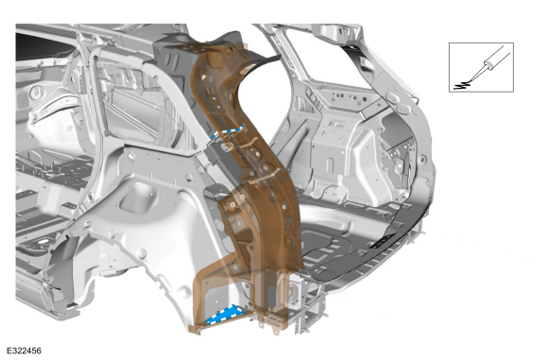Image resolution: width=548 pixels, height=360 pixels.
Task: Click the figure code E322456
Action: pyautogui.click(x=25, y=351)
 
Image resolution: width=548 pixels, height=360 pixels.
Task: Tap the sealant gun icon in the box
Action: pyautogui.click(x=490, y=64)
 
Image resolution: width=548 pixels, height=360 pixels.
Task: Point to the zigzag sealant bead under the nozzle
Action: pyautogui.click(x=462, y=85)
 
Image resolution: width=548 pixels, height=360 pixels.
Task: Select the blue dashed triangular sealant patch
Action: pyautogui.click(x=226, y=314)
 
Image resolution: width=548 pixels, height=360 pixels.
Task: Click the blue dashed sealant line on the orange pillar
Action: pyautogui.click(x=227, y=131)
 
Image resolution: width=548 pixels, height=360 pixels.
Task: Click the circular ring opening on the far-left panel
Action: pyautogui.click(x=36, y=93)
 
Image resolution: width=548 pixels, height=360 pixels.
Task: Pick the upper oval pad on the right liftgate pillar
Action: pyautogui.click(x=393, y=96)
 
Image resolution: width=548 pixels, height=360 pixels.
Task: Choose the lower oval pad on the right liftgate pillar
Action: pyautogui.click(x=402, y=110)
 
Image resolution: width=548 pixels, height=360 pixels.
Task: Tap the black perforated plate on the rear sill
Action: pyautogui.click(x=383, y=241)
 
